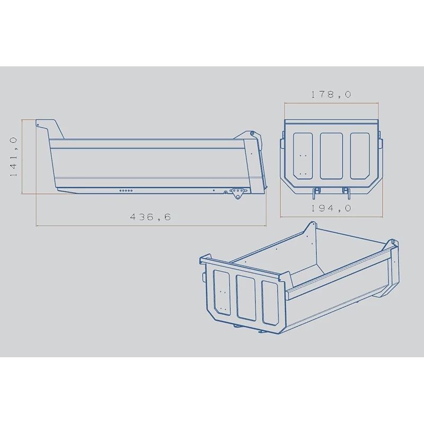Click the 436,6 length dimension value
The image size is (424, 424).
(152, 216)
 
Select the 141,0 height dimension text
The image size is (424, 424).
(14, 156)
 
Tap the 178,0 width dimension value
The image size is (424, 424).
(332, 94)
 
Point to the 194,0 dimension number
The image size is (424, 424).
(332, 208)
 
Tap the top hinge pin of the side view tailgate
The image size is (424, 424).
(253, 134)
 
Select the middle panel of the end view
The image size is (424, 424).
(331, 154)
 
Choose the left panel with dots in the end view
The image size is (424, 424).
(302, 155)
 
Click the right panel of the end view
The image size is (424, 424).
(360, 154)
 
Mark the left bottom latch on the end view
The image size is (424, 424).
(316, 190)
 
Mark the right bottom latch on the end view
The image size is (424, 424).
(346, 190)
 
